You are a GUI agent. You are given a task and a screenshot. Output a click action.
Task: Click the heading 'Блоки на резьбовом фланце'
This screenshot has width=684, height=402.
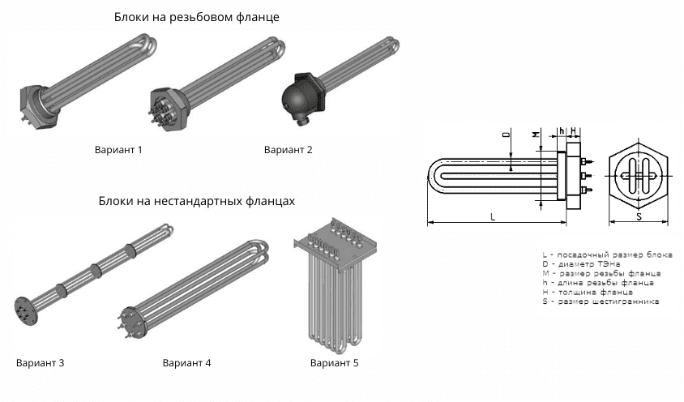pos(198,17)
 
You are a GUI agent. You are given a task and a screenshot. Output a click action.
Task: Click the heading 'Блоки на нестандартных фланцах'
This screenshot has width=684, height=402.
pos(196,199)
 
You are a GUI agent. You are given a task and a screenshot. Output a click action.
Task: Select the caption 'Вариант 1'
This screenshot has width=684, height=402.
pos(118,150)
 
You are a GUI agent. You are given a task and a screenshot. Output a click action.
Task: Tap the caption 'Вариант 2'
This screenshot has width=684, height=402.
pos(288,150)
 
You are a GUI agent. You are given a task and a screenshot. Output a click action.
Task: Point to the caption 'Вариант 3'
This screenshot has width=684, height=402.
pos(40,362)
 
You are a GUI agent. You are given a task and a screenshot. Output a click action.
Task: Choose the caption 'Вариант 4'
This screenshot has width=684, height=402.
pos(186,362)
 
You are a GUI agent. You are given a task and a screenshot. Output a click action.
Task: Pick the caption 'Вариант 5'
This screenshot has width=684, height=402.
pos(334,362)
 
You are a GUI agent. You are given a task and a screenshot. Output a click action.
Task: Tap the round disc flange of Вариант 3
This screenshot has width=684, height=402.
pos(24,310)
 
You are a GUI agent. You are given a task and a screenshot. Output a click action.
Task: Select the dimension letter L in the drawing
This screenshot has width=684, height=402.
pos(493,216)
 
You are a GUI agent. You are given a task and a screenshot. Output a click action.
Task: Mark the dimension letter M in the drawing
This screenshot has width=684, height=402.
pos(536,132)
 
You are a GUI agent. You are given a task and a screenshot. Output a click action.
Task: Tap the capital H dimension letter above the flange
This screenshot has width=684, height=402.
pos(573,130)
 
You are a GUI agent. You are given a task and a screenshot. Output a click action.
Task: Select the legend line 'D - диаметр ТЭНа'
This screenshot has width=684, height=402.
pos(582,264)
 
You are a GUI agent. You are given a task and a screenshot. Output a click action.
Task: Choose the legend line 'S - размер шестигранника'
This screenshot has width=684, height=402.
pos(601,301)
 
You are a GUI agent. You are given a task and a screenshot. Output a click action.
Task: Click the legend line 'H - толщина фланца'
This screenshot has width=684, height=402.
pos(588,292)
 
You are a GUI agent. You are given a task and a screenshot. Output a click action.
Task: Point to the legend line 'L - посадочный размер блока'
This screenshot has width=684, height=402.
pos(607,254)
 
